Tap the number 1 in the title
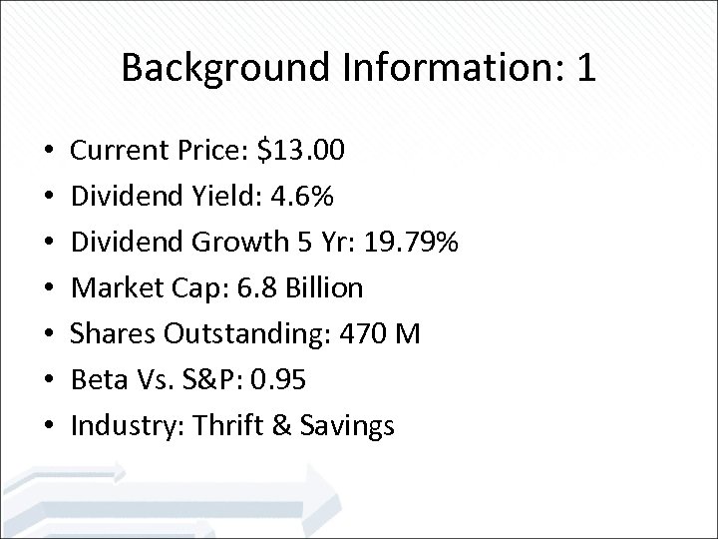586,68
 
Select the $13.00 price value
300,152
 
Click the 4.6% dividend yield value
286,197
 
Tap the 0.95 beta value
280,380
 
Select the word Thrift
230,426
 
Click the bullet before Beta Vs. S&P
49,381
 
